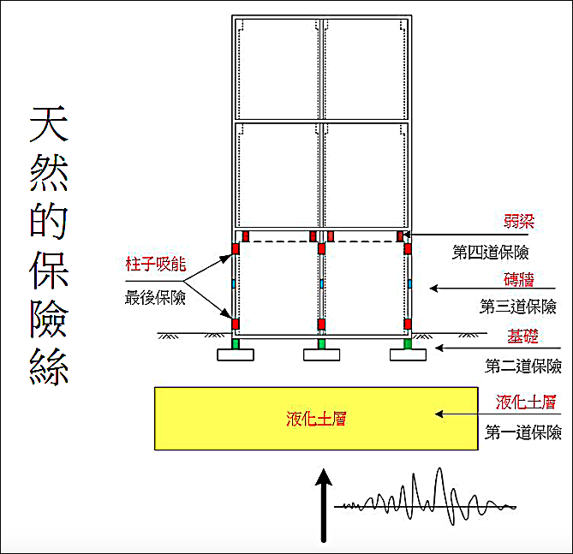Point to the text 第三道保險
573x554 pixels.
click(518, 307)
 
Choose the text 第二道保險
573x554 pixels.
click(523, 366)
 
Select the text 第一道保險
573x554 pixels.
click(523, 432)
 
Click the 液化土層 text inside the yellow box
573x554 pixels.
click(316, 419)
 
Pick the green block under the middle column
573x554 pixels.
click(322, 344)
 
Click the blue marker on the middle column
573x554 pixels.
click(322, 283)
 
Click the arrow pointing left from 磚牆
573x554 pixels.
click(463, 289)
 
